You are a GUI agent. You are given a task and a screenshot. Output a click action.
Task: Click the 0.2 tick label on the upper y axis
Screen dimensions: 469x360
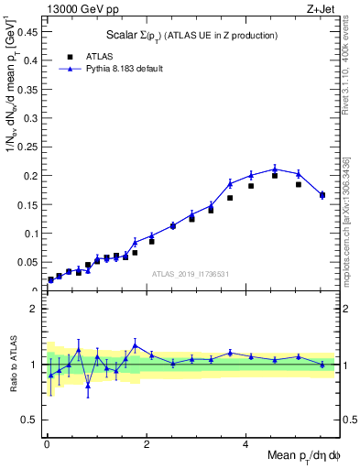tap(31, 175)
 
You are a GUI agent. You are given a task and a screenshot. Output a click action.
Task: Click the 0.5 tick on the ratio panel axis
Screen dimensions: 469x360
tap(31, 420)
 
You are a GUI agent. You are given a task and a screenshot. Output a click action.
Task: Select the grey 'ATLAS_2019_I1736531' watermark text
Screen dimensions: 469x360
tap(190, 274)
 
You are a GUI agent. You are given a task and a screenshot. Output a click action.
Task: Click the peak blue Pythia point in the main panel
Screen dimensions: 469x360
tap(275, 169)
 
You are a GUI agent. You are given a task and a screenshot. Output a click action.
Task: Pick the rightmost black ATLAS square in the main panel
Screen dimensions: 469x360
tap(322, 195)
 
